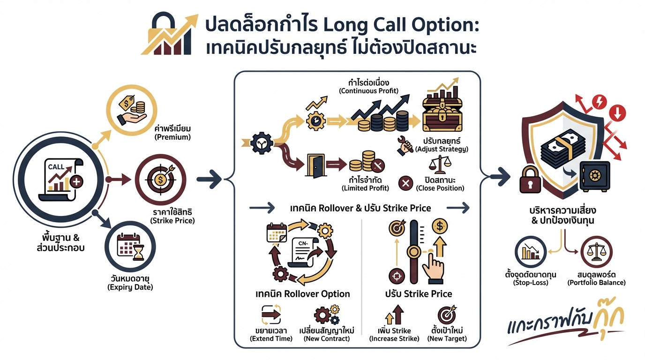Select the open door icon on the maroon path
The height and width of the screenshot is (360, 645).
tap(315, 165)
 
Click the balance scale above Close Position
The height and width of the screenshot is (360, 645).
tap(440, 165)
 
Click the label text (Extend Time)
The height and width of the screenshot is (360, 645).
tap(271, 338)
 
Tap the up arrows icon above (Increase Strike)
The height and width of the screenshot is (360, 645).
tap(394, 315)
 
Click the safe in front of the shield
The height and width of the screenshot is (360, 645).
tap(594, 176)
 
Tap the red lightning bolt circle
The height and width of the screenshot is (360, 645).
tap(600, 102)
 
